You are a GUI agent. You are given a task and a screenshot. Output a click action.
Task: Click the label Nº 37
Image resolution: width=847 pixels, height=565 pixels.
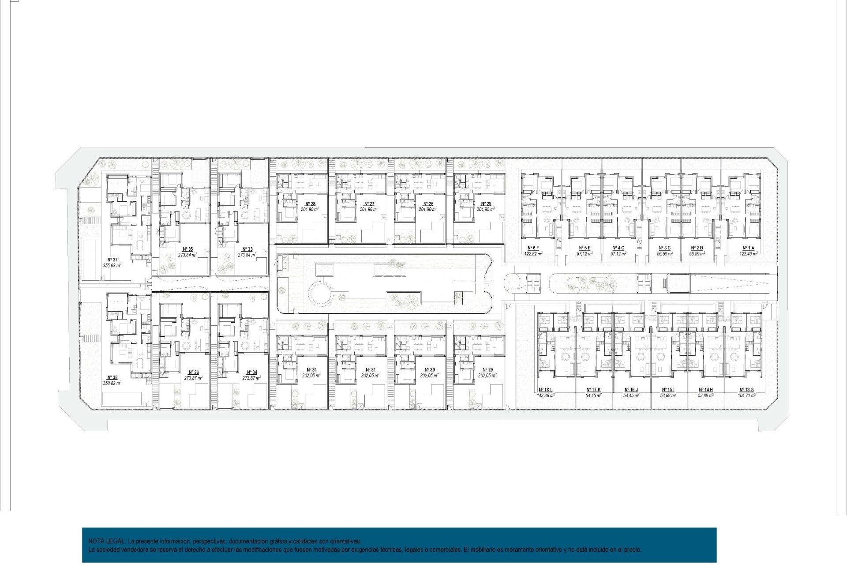tap(112, 260)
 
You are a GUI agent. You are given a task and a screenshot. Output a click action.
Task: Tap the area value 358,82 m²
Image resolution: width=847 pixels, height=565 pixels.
tap(112, 383)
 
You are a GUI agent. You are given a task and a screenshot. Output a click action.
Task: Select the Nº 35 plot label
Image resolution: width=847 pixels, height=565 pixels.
tap(187, 249)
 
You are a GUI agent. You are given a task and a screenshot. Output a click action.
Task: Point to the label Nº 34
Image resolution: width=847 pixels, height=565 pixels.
tap(251, 373)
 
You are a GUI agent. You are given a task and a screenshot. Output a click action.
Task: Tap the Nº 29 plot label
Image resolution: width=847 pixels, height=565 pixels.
tap(487, 369)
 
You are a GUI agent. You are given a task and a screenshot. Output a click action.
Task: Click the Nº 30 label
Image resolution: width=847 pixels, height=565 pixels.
tap(429, 369)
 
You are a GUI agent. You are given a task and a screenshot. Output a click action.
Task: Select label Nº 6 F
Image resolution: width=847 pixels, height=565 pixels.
tap(533, 248)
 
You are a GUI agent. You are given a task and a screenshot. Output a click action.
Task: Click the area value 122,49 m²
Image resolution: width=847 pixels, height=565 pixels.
tap(748, 254)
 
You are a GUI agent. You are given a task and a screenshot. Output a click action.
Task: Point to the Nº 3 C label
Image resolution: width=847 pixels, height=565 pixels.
tap(664, 248)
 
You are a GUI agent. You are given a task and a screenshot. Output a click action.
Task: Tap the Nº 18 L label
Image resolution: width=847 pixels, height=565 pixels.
tap(545, 390)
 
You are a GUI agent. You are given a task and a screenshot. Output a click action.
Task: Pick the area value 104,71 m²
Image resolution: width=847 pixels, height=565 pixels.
tap(746, 395)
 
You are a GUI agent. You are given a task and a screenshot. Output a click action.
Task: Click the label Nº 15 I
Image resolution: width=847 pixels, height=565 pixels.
tap(668, 390)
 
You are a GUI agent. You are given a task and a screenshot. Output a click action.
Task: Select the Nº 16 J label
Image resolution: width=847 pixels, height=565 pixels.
tap(631, 390)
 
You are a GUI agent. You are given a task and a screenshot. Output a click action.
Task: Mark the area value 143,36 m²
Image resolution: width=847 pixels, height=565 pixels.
tap(545, 395)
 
